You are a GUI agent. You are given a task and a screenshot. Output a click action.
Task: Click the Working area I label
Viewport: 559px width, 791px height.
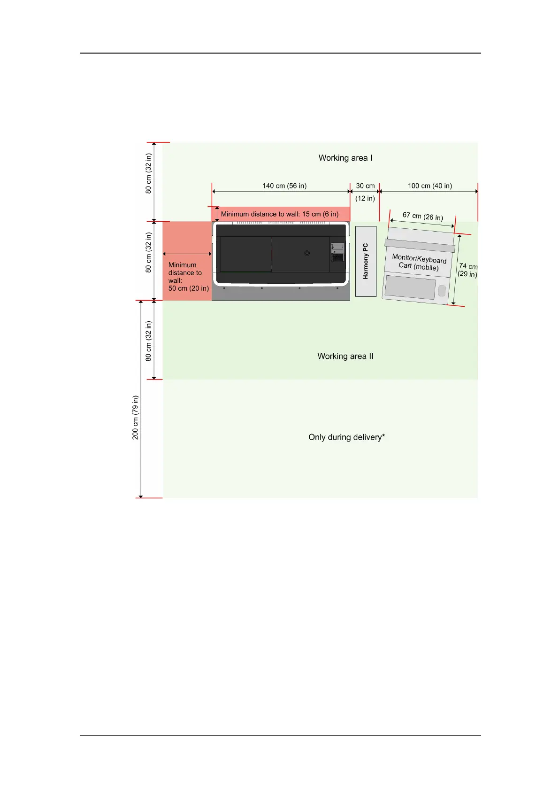point(345,158)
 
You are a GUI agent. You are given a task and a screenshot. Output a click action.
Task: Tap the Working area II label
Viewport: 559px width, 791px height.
point(345,356)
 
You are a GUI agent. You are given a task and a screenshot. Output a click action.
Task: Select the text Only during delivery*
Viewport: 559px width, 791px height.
point(346,437)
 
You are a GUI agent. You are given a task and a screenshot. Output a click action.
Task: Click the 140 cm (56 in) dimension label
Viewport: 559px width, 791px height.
point(284,186)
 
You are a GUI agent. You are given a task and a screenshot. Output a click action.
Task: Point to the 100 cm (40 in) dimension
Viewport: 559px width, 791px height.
point(429,186)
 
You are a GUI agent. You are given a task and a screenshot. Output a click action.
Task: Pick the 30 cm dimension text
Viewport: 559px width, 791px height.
point(365,186)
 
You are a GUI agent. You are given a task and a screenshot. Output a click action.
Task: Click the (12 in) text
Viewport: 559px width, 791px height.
point(365,198)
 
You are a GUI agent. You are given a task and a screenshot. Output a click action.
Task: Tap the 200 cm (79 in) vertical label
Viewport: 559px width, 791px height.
point(135,417)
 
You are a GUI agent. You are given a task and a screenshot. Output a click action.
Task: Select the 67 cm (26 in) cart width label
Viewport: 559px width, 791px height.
point(422,217)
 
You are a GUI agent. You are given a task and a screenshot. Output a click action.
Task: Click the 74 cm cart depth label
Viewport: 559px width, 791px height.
point(467,266)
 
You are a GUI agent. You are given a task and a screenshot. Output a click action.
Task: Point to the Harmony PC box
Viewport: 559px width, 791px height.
point(366,261)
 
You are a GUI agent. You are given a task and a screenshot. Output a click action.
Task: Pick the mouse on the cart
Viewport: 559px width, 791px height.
point(441,291)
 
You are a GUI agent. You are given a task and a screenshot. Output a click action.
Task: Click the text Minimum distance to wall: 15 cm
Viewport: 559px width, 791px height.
point(280,214)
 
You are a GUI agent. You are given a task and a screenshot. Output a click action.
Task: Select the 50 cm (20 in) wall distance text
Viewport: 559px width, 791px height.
point(188,288)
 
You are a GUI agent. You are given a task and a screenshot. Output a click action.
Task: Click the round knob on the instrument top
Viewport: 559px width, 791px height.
point(307,253)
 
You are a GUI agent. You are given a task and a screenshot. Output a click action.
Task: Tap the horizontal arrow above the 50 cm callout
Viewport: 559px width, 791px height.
point(187,254)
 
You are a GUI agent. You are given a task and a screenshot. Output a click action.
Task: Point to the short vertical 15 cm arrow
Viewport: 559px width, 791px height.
point(217,214)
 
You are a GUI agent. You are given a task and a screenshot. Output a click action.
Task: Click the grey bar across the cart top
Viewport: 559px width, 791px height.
point(419,245)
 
